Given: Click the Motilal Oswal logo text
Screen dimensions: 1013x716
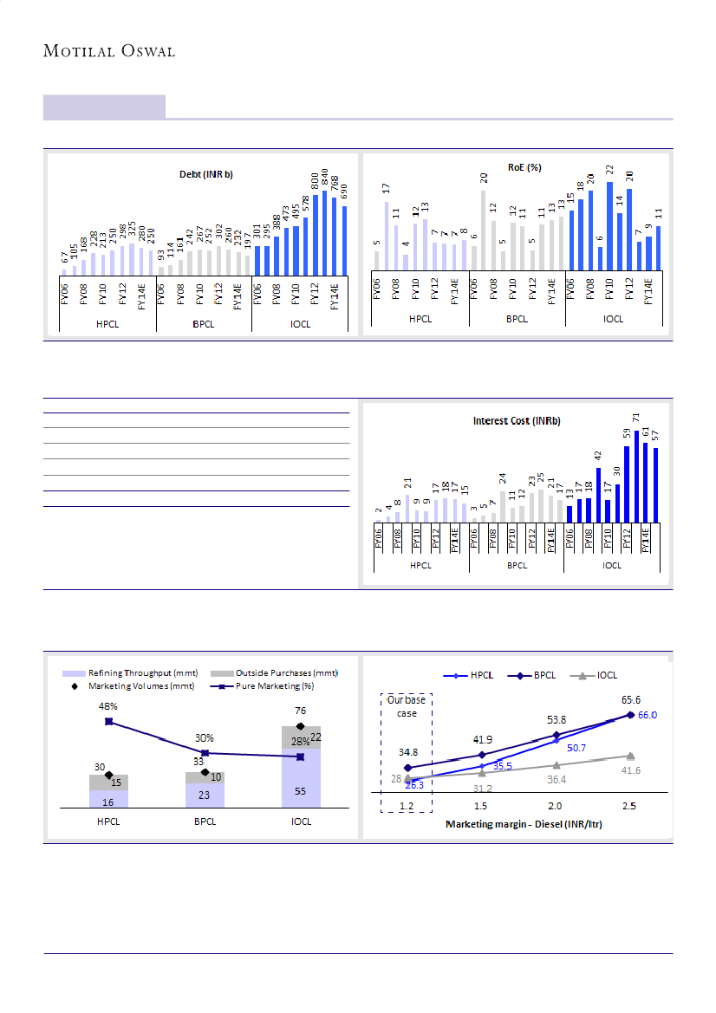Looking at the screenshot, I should [109, 51].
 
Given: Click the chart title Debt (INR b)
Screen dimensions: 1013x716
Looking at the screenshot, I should [206, 174].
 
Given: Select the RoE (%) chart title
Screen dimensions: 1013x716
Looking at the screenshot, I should [524, 167].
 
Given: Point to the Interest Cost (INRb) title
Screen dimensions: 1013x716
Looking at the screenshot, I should [517, 421].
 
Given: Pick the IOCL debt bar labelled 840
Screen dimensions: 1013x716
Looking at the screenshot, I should [325, 234].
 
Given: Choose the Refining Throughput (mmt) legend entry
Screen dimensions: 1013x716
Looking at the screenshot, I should [130, 673].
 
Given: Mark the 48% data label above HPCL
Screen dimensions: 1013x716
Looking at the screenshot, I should [107, 706].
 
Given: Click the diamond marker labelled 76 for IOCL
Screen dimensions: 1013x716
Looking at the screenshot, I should [301, 725].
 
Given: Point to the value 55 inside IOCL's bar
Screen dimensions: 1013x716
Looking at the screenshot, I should [300, 792].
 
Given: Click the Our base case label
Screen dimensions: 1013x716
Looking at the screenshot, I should [407, 706].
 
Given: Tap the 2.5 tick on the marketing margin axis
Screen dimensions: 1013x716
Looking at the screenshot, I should [629, 806].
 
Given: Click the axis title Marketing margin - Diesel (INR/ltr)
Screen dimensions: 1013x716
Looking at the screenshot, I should [524, 824].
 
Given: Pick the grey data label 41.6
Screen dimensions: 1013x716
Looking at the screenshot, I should [630, 770].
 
